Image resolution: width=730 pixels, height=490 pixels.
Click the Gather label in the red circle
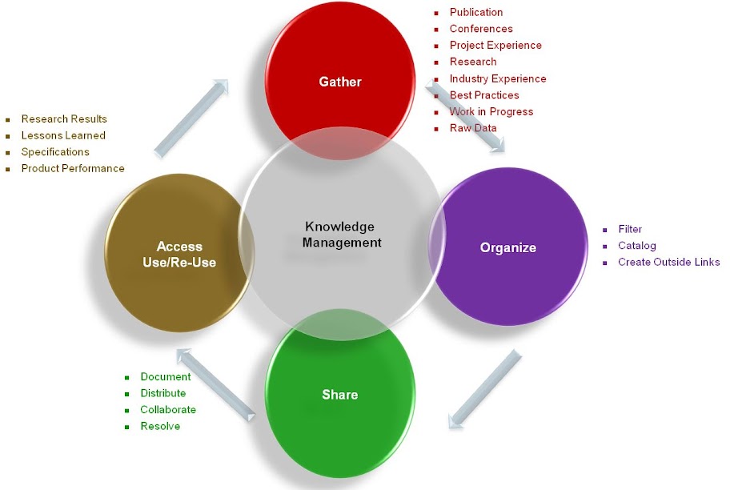340,82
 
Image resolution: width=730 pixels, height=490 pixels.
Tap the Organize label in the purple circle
507,247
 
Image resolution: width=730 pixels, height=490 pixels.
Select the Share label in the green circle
339,394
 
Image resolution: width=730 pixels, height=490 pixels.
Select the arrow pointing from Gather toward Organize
469,113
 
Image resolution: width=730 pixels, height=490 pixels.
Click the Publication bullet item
476,12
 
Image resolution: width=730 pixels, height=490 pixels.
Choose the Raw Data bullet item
473,128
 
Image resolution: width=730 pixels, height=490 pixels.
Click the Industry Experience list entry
498,78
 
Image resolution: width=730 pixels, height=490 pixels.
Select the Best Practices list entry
484,95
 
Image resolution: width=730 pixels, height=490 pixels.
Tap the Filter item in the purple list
630,229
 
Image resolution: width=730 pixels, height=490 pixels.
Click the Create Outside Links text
668,262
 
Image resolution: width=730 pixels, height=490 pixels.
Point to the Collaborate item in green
168,409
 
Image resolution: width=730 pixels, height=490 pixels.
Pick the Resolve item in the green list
160,426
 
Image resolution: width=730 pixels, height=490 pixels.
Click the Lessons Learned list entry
63,135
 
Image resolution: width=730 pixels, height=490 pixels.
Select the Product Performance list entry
73,168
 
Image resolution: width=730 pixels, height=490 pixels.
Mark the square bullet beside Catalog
605,247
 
